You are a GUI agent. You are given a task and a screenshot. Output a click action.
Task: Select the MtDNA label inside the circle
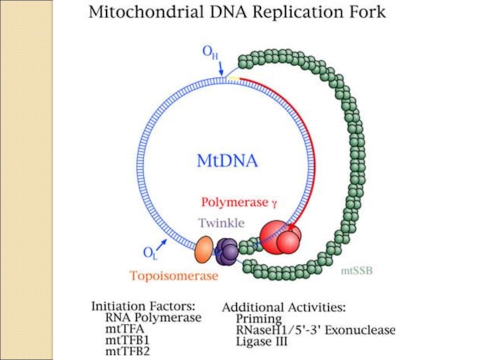point(227,161)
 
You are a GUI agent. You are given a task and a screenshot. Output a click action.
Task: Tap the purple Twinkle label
point(221,223)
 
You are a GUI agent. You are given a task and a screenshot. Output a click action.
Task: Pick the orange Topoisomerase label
point(173,277)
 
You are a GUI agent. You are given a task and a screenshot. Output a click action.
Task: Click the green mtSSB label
point(357,271)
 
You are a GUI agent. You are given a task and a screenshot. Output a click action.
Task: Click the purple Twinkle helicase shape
point(227,251)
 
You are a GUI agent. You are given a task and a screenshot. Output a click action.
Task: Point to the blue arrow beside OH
point(220,70)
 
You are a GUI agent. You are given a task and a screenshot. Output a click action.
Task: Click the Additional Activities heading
point(284,308)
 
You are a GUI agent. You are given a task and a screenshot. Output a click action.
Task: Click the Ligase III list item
point(262,342)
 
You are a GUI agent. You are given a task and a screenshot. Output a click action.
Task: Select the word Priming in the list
point(259,319)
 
